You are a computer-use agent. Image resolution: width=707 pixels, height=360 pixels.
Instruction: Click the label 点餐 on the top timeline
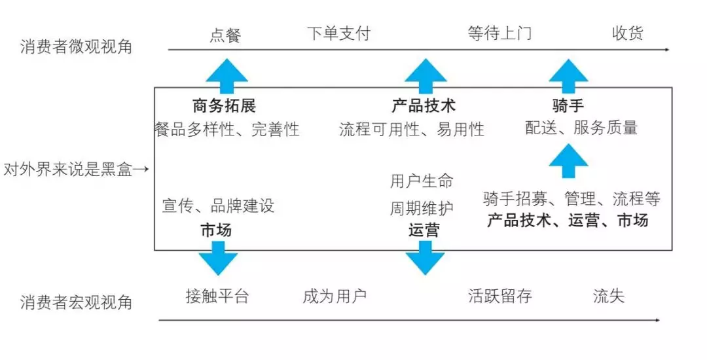click(x=225, y=35)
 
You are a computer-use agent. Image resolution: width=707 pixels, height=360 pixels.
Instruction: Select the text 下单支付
click(x=338, y=33)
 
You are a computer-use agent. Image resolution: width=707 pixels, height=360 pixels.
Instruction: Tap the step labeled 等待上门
click(x=499, y=33)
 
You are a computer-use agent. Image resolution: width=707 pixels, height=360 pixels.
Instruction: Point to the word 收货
click(x=627, y=33)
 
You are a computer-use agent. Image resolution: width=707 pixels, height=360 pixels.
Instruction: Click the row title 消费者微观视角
click(x=76, y=46)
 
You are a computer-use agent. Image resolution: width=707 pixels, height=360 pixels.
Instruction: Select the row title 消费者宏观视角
click(x=76, y=302)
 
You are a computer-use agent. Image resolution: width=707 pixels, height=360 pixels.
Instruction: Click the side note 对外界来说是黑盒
click(x=68, y=170)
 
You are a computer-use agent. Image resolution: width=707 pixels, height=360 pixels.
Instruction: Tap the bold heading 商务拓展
click(x=224, y=106)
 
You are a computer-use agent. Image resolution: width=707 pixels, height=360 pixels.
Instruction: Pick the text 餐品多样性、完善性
click(x=227, y=130)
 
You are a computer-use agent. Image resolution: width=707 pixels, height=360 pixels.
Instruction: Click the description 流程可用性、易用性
click(x=412, y=130)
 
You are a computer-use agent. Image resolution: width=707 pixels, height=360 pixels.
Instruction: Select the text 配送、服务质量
click(x=581, y=128)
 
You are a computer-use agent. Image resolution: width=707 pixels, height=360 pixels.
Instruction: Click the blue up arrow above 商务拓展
click(x=227, y=77)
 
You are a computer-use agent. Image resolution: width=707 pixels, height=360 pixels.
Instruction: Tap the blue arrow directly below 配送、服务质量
click(x=569, y=161)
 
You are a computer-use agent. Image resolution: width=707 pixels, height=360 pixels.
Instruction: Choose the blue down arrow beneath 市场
click(x=218, y=258)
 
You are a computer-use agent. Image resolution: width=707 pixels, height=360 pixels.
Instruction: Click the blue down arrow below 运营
click(x=425, y=258)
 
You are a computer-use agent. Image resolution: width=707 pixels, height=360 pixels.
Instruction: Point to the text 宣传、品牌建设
click(x=218, y=206)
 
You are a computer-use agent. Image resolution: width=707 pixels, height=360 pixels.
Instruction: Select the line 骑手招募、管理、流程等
click(x=571, y=199)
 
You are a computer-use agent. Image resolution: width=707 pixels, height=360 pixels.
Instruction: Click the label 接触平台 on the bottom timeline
click(x=217, y=297)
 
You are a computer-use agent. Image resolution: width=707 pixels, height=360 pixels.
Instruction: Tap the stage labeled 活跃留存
click(x=499, y=297)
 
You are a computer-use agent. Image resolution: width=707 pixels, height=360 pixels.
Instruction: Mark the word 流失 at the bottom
click(x=609, y=297)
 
